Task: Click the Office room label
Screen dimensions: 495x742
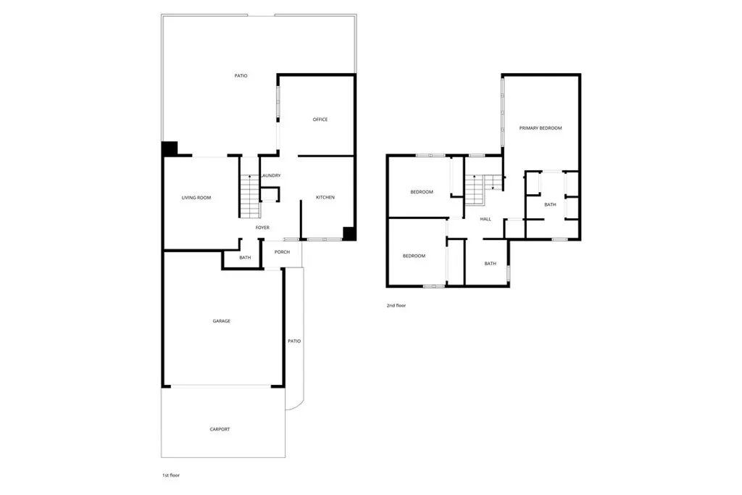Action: click(x=320, y=120)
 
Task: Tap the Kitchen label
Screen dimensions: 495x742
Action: click(x=325, y=197)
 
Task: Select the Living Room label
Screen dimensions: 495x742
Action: click(x=196, y=197)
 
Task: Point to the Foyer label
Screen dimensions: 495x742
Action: click(x=262, y=228)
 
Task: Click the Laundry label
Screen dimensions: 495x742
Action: click(x=270, y=176)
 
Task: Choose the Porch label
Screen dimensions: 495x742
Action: click(x=282, y=252)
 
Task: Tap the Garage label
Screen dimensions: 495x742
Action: click(x=221, y=321)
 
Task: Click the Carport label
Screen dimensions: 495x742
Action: click(x=220, y=429)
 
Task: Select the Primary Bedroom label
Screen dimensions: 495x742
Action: click(x=540, y=128)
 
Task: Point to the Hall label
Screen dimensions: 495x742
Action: click(x=485, y=219)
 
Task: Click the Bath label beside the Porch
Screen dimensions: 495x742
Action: click(x=245, y=257)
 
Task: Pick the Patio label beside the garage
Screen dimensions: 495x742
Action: click(x=293, y=341)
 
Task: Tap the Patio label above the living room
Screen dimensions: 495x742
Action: click(x=241, y=75)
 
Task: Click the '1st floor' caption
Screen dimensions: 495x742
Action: click(x=170, y=475)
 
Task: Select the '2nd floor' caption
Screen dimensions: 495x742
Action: click(x=396, y=306)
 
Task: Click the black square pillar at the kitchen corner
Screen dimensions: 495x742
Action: click(x=349, y=233)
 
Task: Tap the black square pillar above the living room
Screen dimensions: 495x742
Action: click(x=169, y=148)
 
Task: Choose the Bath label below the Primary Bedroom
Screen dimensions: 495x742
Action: click(x=550, y=204)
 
